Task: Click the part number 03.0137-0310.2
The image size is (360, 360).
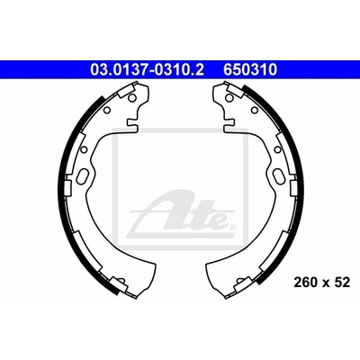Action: tap(147, 69)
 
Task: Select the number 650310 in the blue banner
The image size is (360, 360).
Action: tap(249, 69)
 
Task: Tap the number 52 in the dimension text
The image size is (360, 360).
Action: tap(343, 283)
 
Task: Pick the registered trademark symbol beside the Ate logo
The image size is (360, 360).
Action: tap(232, 227)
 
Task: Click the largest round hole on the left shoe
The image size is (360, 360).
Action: tap(131, 97)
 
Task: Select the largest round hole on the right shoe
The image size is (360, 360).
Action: tap(229, 97)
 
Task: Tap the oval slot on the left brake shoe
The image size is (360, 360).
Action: tap(83, 175)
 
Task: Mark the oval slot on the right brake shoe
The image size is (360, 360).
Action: tap(278, 175)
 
